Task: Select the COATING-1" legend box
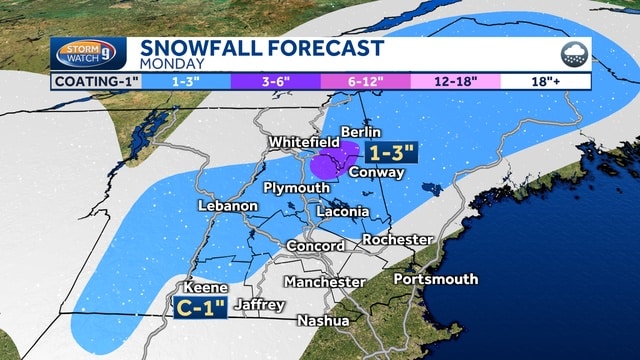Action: click(x=97, y=81)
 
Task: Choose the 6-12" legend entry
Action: click(x=365, y=81)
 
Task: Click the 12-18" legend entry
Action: click(x=455, y=81)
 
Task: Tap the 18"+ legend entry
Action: click(x=545, y=81)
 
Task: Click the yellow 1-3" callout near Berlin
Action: click(x=391, y=153)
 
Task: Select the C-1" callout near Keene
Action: click(x=200, y=308)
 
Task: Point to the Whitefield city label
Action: click(x=304, y=144)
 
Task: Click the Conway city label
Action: click(x=377, y=172)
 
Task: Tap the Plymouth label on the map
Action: click(x=296, y=188)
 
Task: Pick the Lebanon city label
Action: click(x=228, y=205)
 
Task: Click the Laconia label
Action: click(x=342, y=212)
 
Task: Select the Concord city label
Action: click(x=315, y=246)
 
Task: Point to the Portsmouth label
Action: click(x=435, y=279)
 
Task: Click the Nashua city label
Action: click(x=323, y=321)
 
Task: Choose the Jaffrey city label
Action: click(x=260, y=304)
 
